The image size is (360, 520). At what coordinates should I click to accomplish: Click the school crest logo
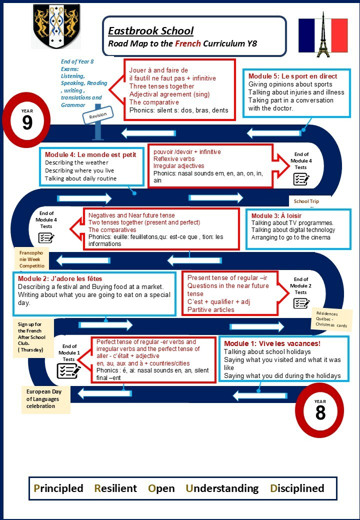pos(56,26)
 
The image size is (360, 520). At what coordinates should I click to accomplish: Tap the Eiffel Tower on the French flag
pos(323,35)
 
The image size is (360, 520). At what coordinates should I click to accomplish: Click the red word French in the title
pos(188,43)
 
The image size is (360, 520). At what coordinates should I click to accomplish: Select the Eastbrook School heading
pos(151,31)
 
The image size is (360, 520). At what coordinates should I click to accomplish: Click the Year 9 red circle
pos(27,120)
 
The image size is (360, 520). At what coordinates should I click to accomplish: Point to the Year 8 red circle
pos(319,410)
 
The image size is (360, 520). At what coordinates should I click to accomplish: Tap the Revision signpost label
pos(98,115)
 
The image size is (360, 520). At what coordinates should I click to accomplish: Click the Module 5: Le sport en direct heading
pos(292,76)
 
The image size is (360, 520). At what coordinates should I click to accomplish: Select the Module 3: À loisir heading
pos(276,215)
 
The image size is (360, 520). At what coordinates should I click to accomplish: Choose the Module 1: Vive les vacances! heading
pos(272,343)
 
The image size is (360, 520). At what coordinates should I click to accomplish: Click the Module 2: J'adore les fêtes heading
pos(60,278)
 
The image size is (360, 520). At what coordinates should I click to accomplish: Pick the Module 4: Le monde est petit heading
pos(90,154)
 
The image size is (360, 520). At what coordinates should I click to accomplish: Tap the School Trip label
pos(306,201)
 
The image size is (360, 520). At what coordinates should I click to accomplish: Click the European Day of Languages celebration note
pos(46,399)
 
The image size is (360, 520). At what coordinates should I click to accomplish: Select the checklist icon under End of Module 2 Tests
pos(301,303)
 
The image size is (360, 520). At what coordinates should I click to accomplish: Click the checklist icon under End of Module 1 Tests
pos(68,371)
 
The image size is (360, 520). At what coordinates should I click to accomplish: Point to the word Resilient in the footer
pos(115,488)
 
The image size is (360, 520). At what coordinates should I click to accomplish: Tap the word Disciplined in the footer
pos(297,488)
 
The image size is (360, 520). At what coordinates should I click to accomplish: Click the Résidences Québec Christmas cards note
pos(331,319)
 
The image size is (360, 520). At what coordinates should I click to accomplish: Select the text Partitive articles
pos(211,309)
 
